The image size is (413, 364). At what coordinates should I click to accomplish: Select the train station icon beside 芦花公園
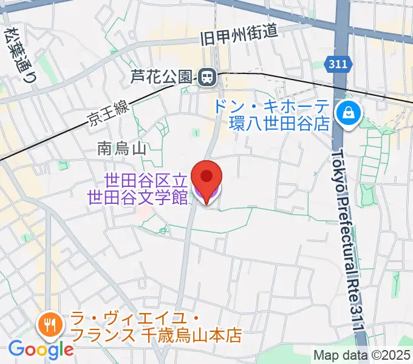207,76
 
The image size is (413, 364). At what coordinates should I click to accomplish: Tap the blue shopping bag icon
350,112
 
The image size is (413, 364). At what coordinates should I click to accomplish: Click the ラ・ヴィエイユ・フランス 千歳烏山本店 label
156,326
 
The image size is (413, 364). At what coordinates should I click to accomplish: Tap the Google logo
41,349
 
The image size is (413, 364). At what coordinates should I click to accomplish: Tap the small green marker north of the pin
195,132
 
